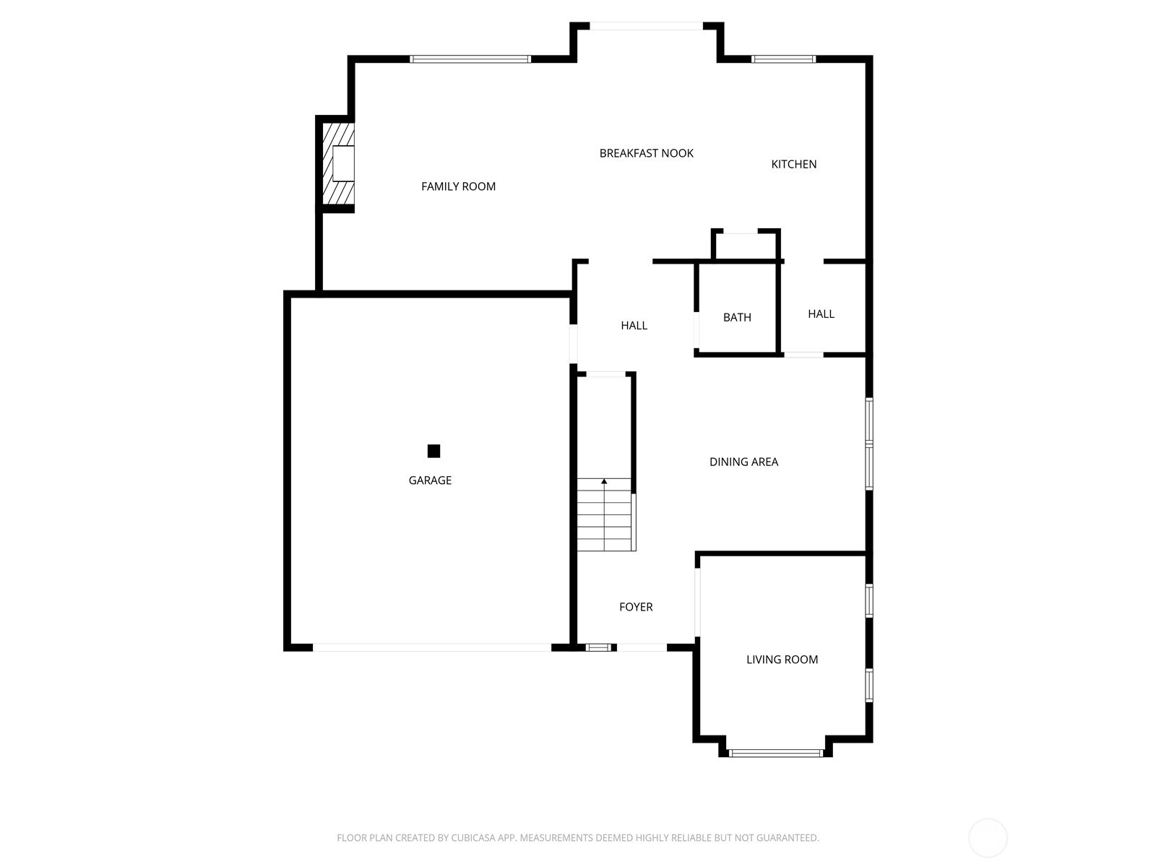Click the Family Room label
click(458, 186)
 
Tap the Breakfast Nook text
click(646, 153)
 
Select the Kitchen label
click(793, 164)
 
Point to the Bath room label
click(737, 317)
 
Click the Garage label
click(430, 480)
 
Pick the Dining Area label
click(743, 462)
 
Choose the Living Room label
click(782, 660)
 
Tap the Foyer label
click(636, 607)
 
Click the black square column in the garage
click(433, 451)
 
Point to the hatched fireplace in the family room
click(337, 164)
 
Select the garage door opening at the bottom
click(432, 647)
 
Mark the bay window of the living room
click(776, 754)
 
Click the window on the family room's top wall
click(470, 59)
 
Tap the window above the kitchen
click(784, 59)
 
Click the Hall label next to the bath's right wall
click(821, 314)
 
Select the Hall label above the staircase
click(634, 326)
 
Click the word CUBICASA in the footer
click(474, 837)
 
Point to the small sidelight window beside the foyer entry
click(598, 647)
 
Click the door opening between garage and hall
click(574, 344)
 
